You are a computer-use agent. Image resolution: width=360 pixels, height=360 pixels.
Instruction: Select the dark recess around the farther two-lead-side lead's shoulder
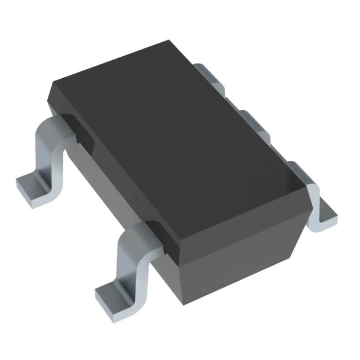click(x=76, y=127)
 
